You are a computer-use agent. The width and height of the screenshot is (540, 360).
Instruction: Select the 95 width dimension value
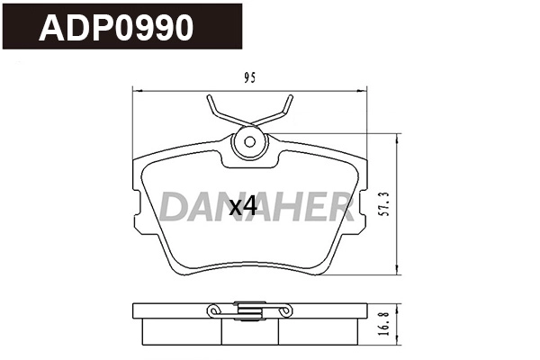(x=249, y=78)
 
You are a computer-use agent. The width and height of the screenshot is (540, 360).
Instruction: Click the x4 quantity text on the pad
(x=243, y=206)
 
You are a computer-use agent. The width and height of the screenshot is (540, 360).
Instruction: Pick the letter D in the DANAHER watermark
(x=175, y=207)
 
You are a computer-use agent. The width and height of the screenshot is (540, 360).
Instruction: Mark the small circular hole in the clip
(x=250, y=141)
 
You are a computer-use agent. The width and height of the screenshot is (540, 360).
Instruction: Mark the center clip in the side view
(x=250, y=310)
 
